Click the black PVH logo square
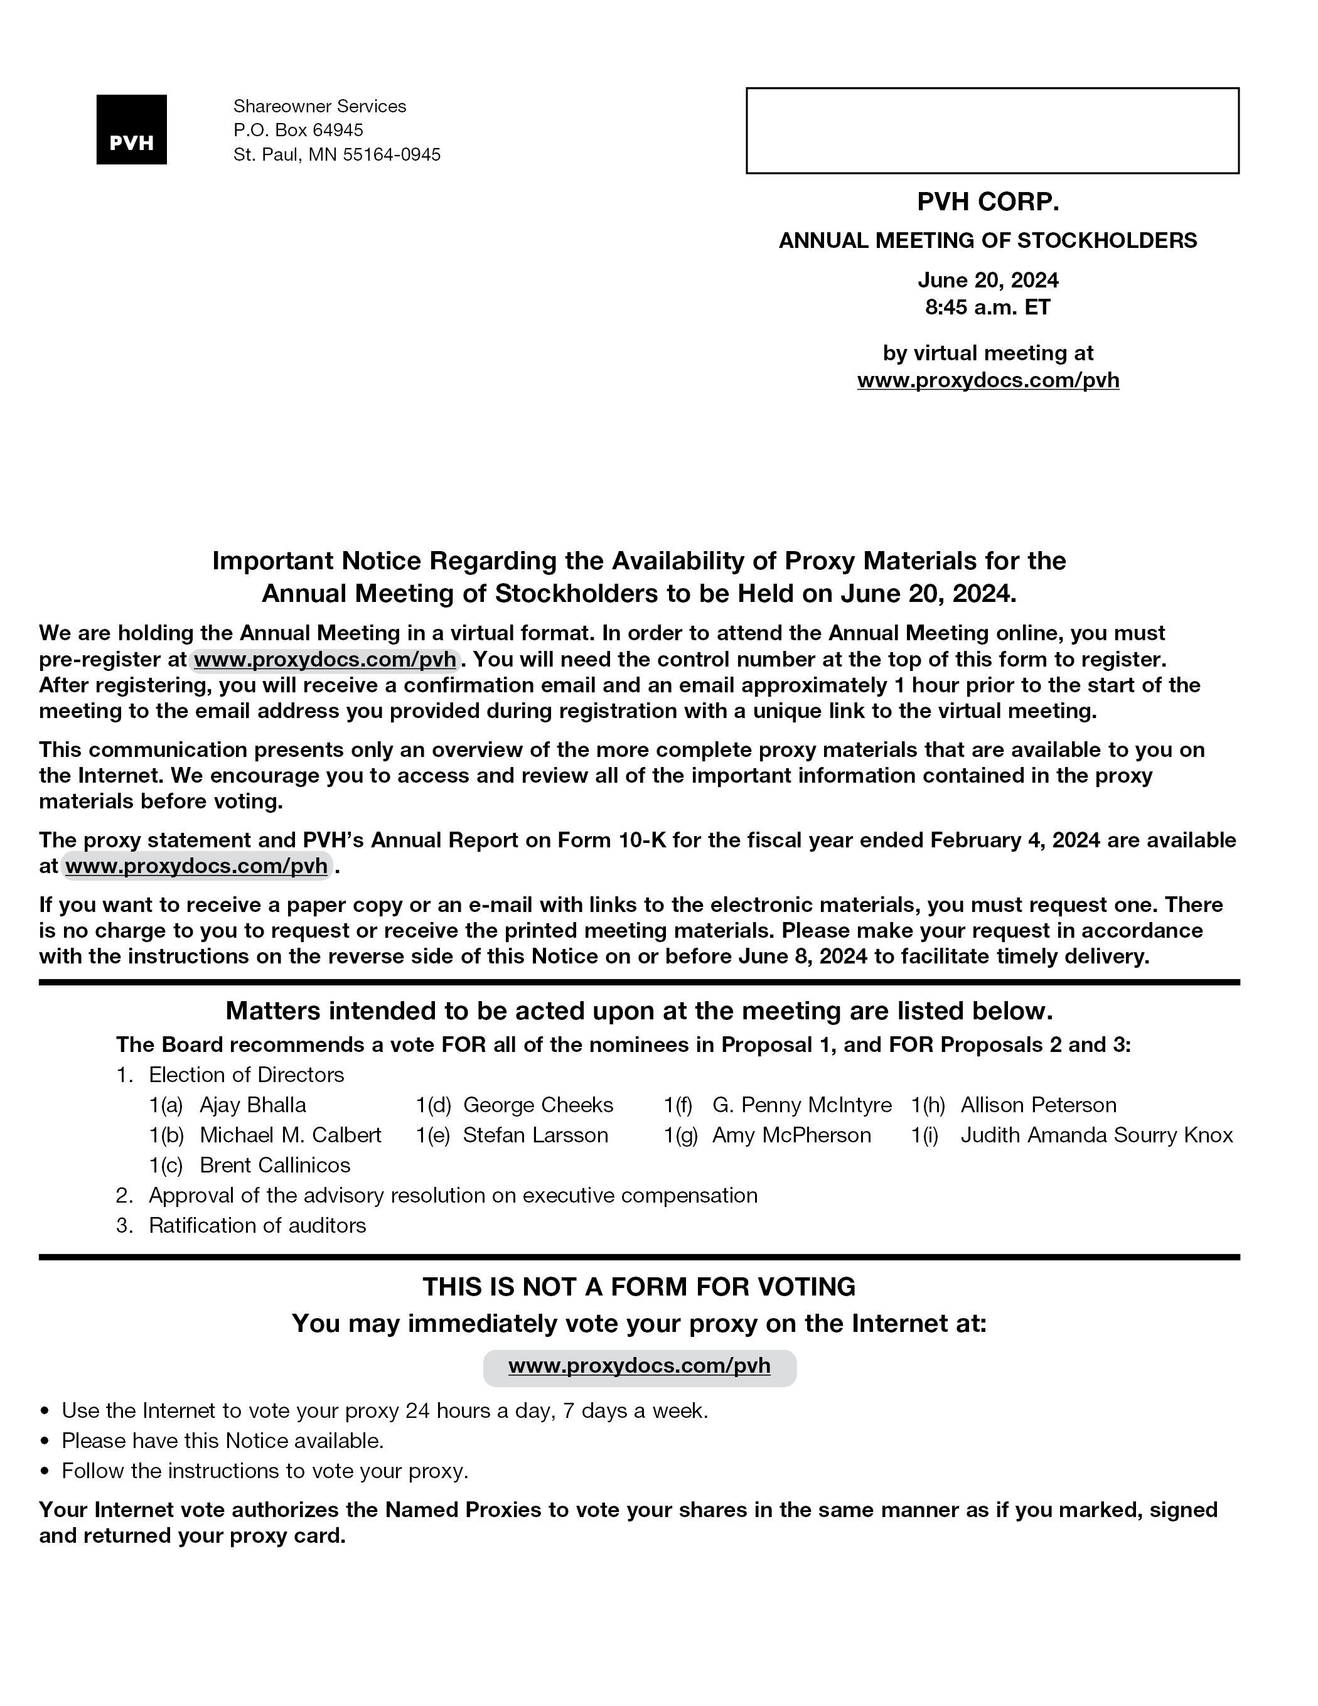[131, 130]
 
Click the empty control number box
[992, 131]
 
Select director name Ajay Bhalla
[252, 1105]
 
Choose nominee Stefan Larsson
[535, 1135]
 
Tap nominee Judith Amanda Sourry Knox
[1096, 1135]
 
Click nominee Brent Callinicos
[275, 1166]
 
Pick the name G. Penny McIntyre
[801, 1105]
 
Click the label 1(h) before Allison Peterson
[928, 1105]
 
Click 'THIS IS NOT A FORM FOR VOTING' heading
[639, 1287]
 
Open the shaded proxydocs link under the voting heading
[639, 1365]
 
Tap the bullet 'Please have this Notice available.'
[223, 1440]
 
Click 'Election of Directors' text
[246, 1075]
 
